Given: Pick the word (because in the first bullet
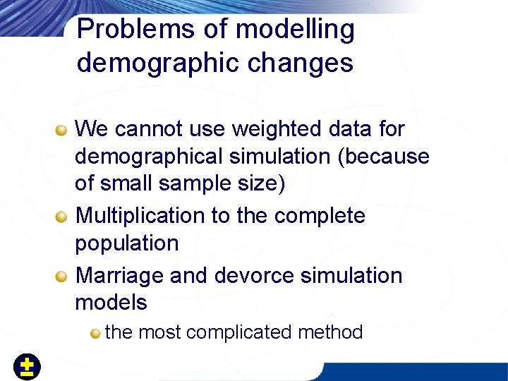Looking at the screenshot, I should [x=384, y=157].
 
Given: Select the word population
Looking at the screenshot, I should [x=127, y=244].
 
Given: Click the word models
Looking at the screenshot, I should [x=111, y=303].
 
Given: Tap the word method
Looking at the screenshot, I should [x=330, y=332].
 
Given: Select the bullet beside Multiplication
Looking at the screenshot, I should [x=63, y=216].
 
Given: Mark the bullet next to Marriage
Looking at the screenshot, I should [x=63, y=275].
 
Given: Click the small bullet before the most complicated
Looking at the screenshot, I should [x=95, y=332].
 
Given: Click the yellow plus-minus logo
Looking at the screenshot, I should [x=28, y=367].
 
